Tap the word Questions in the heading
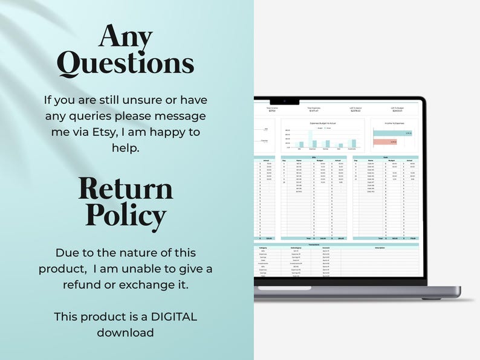click(126, 65)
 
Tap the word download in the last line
click(126, 332)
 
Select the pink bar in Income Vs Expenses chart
click(385, 143)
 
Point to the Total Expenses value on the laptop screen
click(314, 111)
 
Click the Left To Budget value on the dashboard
click(398, 111)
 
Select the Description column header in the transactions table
click(379, 248)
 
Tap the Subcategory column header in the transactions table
click(296, 248)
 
